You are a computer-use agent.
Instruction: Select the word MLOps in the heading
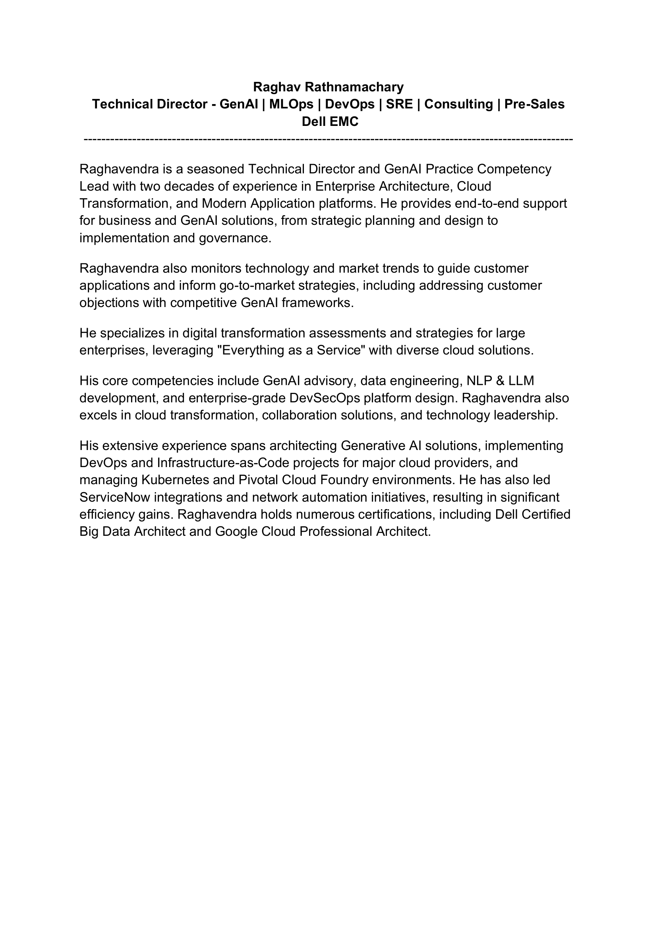point(291,104)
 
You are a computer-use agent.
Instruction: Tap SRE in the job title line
point(399,104)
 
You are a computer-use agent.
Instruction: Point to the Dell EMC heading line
point(330,122)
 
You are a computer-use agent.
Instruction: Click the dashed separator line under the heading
point(328,139)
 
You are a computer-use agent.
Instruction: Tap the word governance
point(235,238)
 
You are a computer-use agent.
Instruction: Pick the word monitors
point(216,268)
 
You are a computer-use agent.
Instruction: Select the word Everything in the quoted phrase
point(251,350)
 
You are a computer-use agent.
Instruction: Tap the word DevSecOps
point(325,398)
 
